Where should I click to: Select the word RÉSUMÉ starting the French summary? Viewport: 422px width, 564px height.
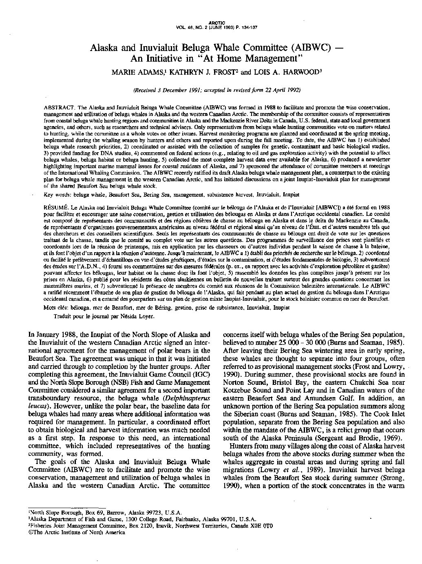tap(56, 207)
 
